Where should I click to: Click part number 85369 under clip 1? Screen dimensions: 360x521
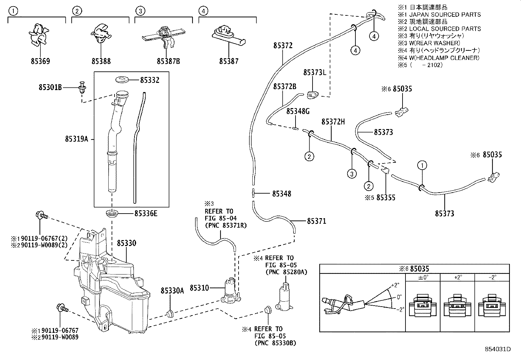coord(41,61)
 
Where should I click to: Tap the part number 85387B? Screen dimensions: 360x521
coord(168,61)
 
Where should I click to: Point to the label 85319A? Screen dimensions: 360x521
coord(77,139)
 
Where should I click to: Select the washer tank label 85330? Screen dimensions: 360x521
coord(126,243)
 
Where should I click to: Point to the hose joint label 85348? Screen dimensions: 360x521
coord(281,194)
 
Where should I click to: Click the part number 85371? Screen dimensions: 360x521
coord(316,221)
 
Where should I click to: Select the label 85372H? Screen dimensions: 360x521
coord(333,122)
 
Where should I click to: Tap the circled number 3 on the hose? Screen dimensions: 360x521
coord(352,174)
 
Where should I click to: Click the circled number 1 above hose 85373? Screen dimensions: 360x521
coord(422,165)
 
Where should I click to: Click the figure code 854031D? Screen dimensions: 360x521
coord(497,349)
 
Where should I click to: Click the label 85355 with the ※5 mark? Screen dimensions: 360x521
coord(386,198)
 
